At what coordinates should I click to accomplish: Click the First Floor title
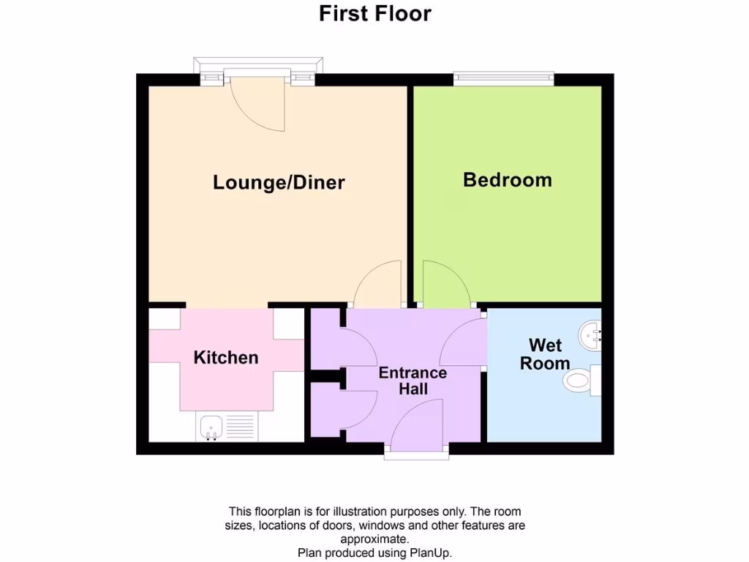(x=374, y=13)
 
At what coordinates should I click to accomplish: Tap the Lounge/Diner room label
(x=279, y=182)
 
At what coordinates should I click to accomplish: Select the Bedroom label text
(x=507, y=179)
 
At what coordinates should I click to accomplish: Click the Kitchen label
(x=226, y=357)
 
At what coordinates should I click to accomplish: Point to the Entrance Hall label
(x=413, y=381)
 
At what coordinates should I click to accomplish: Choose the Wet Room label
(x=545, y=353)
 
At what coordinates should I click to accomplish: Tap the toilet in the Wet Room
(x=579, y=381)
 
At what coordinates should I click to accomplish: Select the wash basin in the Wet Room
(x=590, y=336)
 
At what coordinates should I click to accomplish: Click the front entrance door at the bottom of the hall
(x=417, y=432)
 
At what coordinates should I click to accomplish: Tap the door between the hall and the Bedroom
(x=444, y=285)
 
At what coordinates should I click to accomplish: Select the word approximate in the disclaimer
(x=374, y=539)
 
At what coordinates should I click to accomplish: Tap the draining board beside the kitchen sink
(x=241, y=426)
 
